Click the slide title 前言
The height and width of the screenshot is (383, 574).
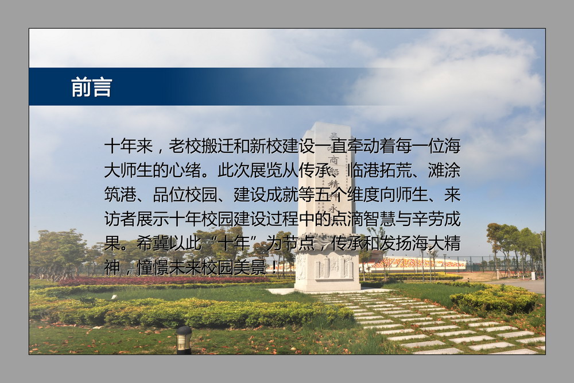point(91,87)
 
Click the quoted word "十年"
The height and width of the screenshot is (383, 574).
point(234,243)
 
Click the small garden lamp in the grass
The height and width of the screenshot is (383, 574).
point(184,340)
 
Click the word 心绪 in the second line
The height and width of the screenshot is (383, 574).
point(185,171)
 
